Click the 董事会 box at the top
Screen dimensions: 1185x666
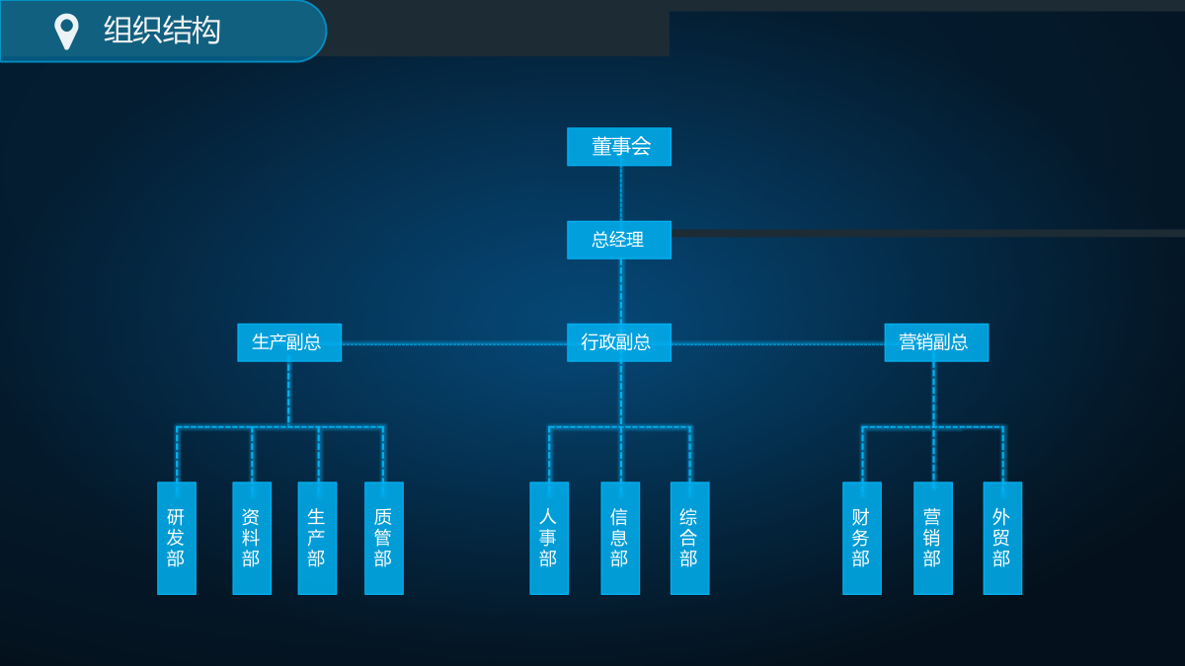[619, 146]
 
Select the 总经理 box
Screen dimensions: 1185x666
[619, 240]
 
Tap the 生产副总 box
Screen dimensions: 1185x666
[289, 342]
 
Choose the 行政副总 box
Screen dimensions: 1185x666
[619, 342]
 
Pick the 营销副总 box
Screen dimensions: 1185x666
[936, 342]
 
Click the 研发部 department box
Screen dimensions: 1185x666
[177, 538]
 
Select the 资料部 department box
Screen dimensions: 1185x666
[252, 538]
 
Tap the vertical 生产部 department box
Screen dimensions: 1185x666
[317, 538]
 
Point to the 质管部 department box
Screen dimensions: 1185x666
[384, 538]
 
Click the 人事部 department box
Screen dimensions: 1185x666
[549, 538]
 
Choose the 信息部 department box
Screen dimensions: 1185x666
[620, 538]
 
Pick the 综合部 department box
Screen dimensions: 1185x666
[690, 538]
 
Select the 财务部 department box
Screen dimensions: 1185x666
[862, 538]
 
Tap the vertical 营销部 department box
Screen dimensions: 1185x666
[933, 538]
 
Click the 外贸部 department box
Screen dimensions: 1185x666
[1002, 538]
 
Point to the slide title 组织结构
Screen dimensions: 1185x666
[162, 31]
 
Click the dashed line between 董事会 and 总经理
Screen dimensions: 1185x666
[621, 193]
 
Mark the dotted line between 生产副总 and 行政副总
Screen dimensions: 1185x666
[454, 344]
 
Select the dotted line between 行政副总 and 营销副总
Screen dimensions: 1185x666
[778, 344]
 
